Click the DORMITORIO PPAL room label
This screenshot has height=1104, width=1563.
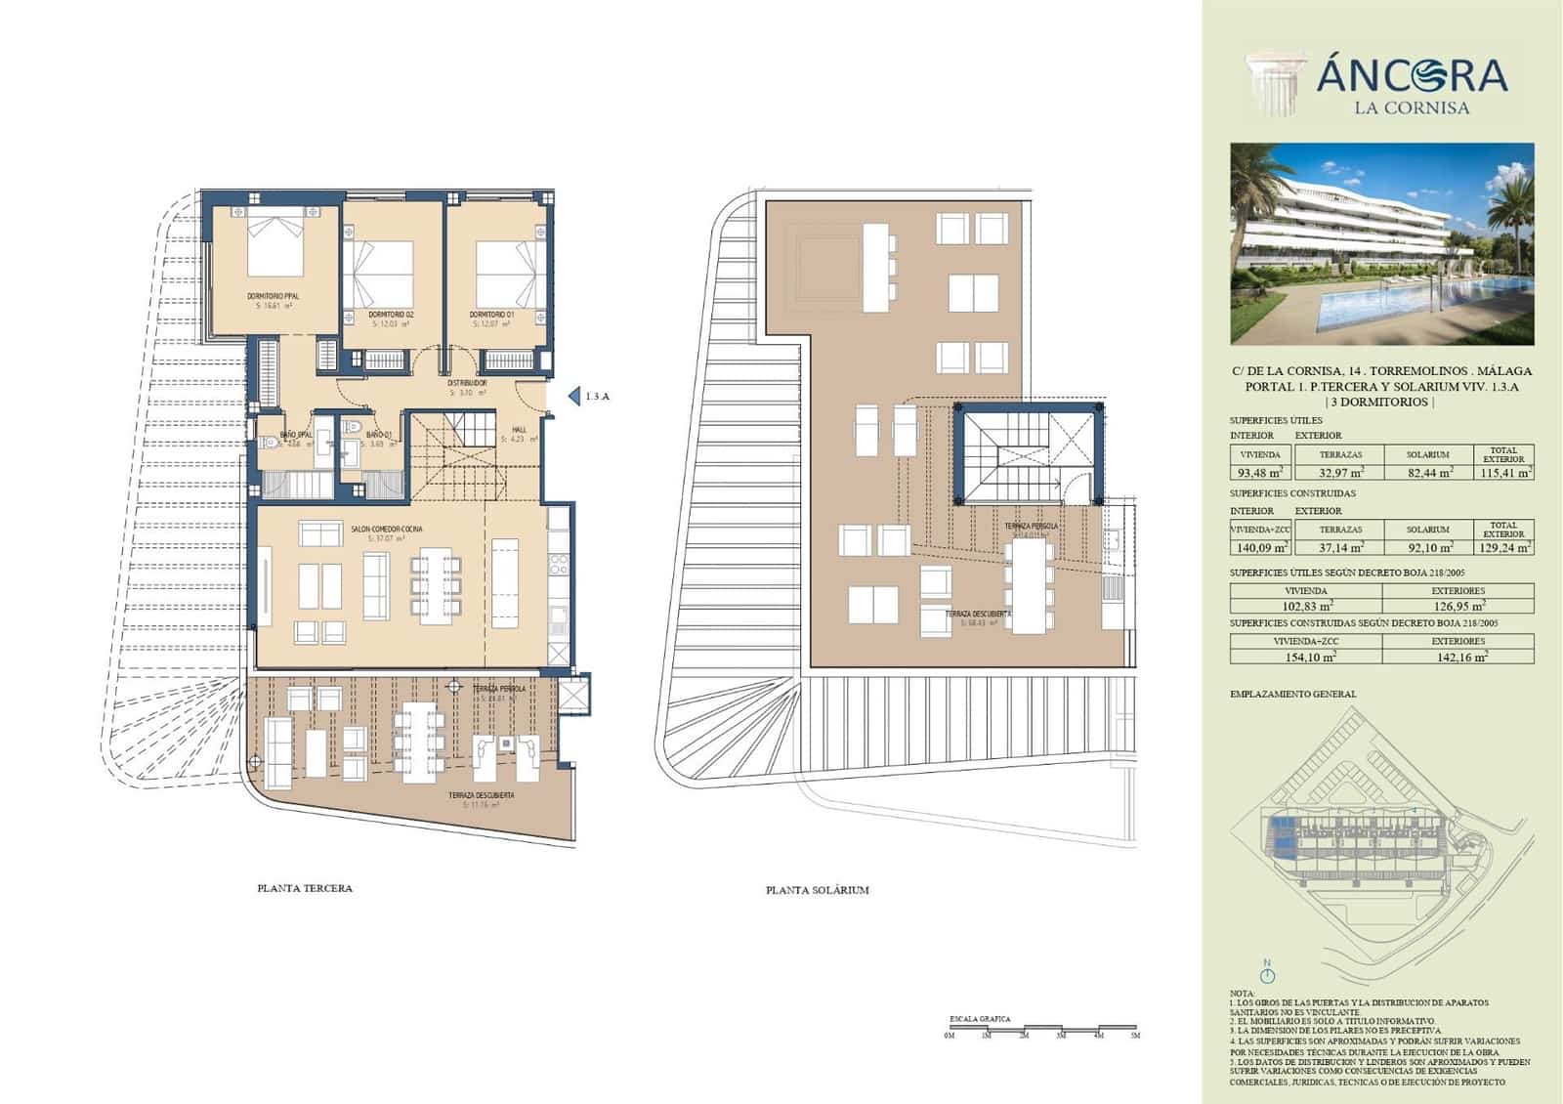point(274,295)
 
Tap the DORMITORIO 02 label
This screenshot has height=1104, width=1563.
point(391,315)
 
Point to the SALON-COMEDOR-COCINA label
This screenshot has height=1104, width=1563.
point(387,529)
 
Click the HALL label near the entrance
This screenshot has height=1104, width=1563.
point(520,429)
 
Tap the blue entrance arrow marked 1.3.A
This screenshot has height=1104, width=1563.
point(574,397)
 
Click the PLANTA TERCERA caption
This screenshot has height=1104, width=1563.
point(304,888)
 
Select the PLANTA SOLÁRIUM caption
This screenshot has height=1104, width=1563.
point(817,890)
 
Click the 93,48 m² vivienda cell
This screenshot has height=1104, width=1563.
point(1259,473)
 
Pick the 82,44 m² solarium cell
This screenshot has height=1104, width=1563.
point(1427,473)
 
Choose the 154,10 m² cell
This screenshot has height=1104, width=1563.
point(1305,658)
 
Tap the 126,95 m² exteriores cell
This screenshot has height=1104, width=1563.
point(1457,607)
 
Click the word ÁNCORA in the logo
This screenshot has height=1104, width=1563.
point(1412,74)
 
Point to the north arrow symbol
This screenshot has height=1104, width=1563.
point(1268,974)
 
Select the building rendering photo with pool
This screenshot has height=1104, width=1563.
point(1381,244)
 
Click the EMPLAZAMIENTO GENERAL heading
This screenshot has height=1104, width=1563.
point(1292,694)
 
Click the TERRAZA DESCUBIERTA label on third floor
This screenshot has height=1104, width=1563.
point(481,796)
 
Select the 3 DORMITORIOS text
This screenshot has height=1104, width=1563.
point(1380,402)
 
